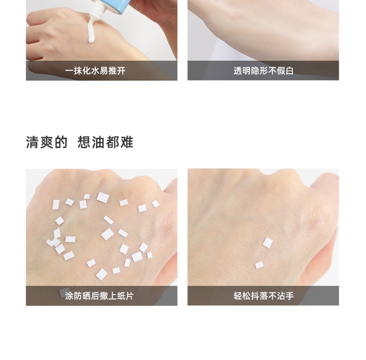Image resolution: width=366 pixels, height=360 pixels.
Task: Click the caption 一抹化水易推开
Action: click(x=95, y=71)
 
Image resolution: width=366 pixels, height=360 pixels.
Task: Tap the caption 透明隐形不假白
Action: click(x=264, y=71)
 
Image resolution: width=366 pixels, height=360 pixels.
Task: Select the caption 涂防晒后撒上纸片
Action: click(x=99, y=296)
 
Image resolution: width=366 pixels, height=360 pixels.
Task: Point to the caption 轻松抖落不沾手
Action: click(x=264, y=296)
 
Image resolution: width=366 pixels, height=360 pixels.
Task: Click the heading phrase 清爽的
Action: click(x=47, y=142)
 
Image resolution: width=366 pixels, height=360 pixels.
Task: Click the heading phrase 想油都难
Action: click(x=106, y=142)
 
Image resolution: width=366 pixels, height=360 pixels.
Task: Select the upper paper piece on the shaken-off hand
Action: click(x=268, y=243)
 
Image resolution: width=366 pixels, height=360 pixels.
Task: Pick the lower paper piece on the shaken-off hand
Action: click(x=259, y=265)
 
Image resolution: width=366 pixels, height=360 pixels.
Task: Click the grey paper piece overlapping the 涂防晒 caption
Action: click(x=64, y=292)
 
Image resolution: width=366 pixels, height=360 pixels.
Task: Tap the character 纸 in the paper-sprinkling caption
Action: click(x=121, y=296)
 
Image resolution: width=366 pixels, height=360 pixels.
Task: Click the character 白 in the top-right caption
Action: click(x=290, y=71)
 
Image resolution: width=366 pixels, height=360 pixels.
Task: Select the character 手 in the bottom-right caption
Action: click(x=290, y=296)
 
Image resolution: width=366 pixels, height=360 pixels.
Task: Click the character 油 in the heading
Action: click(x=98, y=142)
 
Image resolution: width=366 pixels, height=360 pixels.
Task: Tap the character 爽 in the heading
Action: click(x=47, y=142)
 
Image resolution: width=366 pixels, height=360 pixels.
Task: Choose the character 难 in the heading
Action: click(x=127, y=142)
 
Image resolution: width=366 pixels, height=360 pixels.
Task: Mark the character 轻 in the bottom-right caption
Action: click(x=238, y=296)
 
